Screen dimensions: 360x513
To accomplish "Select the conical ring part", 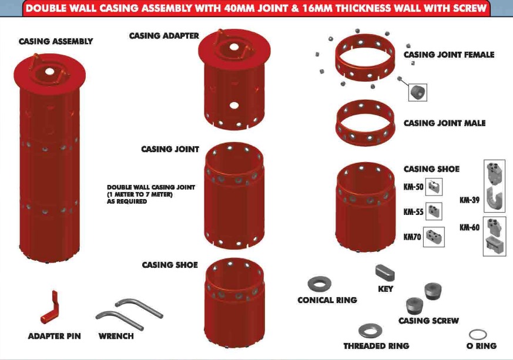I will coord(318,284).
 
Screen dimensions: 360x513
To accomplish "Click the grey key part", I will coord(384,273).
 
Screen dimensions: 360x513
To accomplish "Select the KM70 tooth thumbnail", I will coord(434,237).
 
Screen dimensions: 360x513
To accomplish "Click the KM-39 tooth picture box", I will coord(495,186).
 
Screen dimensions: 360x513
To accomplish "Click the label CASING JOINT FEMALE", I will coord(448,55).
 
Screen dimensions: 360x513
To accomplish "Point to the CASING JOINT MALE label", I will coord(444,123).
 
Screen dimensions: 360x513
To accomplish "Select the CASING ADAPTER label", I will coord(164,36).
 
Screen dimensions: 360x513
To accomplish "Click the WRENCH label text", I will coord(116,337).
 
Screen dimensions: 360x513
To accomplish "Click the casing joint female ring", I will coord(365,62).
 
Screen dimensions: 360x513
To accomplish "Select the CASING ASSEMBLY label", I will coord(56,42).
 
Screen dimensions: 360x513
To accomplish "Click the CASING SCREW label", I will coord(428,321).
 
